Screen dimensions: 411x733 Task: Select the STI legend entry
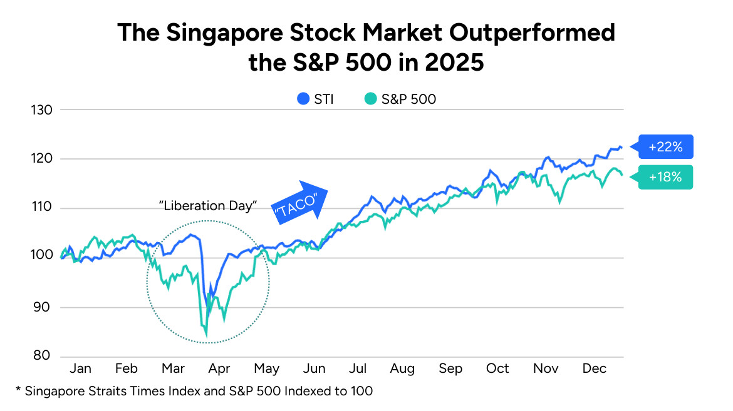(315, 99)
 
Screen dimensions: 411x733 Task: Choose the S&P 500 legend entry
(400, 99)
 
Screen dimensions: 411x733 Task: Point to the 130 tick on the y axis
(42, 109)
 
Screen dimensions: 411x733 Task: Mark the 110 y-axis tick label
(42, 208)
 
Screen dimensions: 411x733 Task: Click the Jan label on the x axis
(81, 368)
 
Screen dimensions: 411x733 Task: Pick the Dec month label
(594, 368)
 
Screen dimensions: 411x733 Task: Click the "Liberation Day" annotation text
(207, 206)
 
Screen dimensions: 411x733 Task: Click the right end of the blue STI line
(621, 147)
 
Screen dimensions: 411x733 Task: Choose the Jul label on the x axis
(358, 368)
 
